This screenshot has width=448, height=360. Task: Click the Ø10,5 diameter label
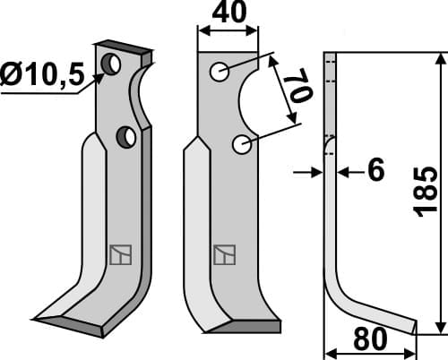coord(40,77)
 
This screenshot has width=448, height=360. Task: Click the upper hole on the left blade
coord(112,64)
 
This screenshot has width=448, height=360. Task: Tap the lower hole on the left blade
coord(126,136)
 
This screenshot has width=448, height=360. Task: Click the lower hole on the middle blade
coord(239,144)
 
